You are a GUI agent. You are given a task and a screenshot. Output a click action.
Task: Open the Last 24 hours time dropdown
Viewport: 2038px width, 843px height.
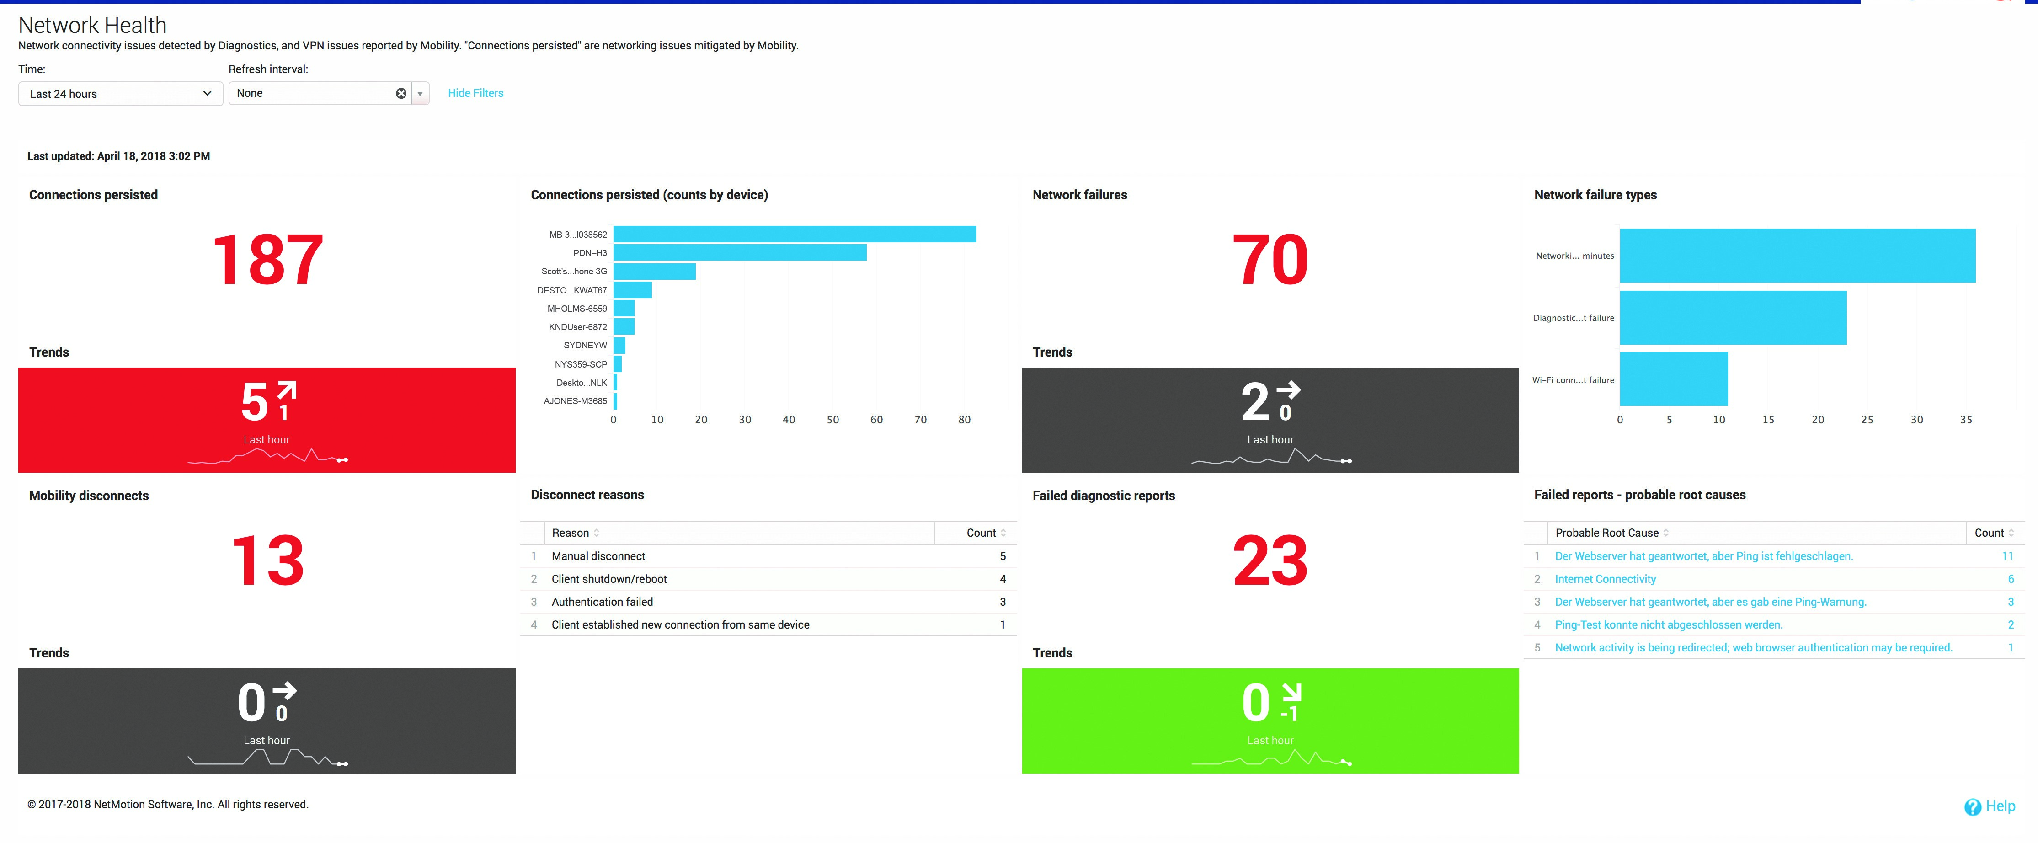120,93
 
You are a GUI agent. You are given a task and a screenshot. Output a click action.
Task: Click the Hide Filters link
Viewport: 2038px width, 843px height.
475,93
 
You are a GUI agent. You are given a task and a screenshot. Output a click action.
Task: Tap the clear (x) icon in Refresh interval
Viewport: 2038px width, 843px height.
401,93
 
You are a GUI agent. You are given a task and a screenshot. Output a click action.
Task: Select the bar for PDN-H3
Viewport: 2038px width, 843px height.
740,252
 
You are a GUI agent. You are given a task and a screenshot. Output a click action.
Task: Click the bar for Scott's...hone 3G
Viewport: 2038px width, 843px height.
654,271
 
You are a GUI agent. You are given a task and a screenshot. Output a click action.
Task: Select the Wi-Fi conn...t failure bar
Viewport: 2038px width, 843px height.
1673,379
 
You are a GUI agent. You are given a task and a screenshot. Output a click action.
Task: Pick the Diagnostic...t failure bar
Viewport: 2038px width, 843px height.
1733,318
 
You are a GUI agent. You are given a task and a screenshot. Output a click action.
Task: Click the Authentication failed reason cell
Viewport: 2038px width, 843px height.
602,602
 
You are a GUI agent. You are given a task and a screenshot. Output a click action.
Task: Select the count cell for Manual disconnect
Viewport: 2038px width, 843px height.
1003,556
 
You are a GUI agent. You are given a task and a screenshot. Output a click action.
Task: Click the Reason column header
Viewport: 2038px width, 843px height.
571,533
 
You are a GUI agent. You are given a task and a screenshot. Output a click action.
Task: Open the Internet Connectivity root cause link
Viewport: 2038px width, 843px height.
1605,579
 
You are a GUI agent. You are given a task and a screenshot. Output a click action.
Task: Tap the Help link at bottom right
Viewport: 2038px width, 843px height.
1999,806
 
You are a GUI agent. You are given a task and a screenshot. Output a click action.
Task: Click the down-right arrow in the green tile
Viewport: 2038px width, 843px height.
1291,692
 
